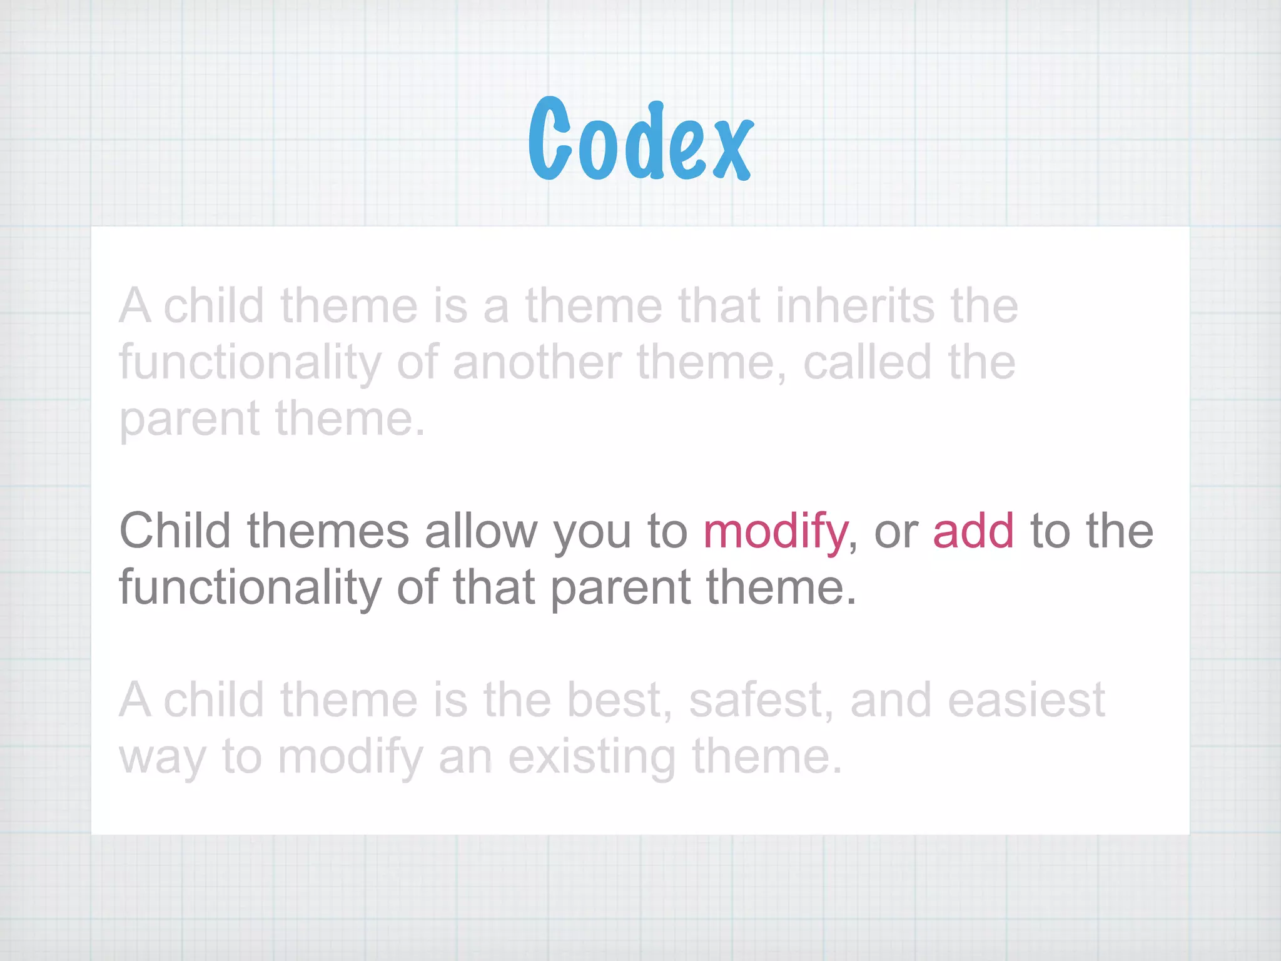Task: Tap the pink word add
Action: pyautogui.click(x=973, y=531)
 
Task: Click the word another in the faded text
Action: pyautogui.click(x=537, y=362)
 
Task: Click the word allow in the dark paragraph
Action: pyautogui.click(x=481, y=531)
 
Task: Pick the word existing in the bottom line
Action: pyautogui.click(x=592, y=757)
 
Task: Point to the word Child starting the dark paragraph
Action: pyautogui.click(x=175, y=531)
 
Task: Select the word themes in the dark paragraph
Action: pyautogui.click(x=328, y=531)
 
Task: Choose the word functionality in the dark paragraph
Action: pyautogui.click(x=250, y=588)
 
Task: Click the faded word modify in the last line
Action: pyautogui.click(x=350, y=757)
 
